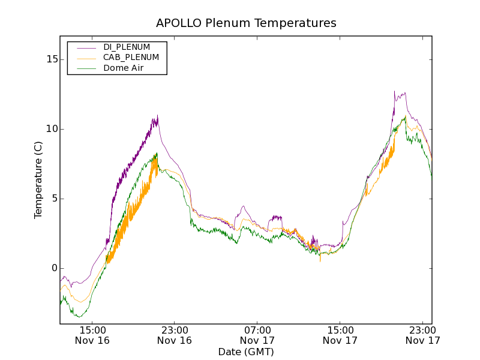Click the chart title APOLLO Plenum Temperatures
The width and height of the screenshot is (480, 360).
(x=246, y=23)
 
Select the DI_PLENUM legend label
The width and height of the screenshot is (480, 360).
(x=127, y=47)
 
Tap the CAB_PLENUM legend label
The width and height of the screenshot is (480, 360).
(x=131, y=58)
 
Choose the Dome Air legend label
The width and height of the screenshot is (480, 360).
(x=123, y=68)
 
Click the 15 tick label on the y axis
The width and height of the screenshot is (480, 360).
(x=52, y=59)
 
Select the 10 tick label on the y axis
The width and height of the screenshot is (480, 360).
(x=52, y=129)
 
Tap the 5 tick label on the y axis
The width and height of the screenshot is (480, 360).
(x=54, y=199)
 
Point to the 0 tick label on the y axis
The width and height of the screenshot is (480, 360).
(x=54, y=268)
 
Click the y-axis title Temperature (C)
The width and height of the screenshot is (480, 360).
(x=38, y=180)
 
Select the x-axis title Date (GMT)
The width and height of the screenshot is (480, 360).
(x=246, y=352)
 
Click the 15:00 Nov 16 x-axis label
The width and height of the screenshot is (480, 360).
(x=92, y=335)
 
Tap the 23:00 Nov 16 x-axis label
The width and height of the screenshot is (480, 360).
(x=175, y=335)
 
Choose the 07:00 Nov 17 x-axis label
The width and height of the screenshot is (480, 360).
(x=257, y=335)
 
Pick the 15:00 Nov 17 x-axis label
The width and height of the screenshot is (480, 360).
(x=340, y=335)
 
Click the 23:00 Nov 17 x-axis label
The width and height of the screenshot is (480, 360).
(x=422, y=335)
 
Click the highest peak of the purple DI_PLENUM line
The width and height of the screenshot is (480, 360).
(x=394, y=91)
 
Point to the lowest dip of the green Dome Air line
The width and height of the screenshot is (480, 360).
(x=78, y=317)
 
